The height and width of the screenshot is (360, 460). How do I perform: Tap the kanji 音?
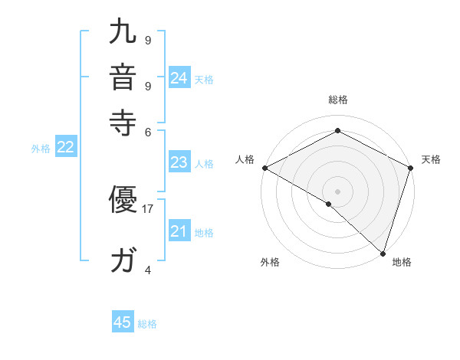tap(124, 78)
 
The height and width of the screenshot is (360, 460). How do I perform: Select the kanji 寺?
tap(124, 121)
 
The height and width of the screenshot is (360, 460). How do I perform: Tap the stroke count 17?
tap(148, 208)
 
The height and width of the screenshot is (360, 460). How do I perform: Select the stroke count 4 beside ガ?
tap(148, 270)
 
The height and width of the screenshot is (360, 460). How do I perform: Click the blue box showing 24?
tap(179, 77)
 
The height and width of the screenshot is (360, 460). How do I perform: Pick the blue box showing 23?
tap(179, 162)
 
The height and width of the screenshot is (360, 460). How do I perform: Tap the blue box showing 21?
tap(179, 231)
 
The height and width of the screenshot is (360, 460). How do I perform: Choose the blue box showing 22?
tap(65, 148)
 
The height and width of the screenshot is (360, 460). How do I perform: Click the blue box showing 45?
tap(123, 322)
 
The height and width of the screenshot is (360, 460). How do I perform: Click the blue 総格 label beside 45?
tap(147, 324)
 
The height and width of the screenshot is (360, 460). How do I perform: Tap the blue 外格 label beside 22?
tap(41, 149)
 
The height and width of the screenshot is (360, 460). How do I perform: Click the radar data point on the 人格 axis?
tap(264, 167)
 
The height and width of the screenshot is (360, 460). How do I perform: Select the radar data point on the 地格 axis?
tap(383, 253)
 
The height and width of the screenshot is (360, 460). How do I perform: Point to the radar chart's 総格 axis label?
tap(338, 100)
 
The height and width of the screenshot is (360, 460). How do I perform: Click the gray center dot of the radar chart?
tap(338, 191)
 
